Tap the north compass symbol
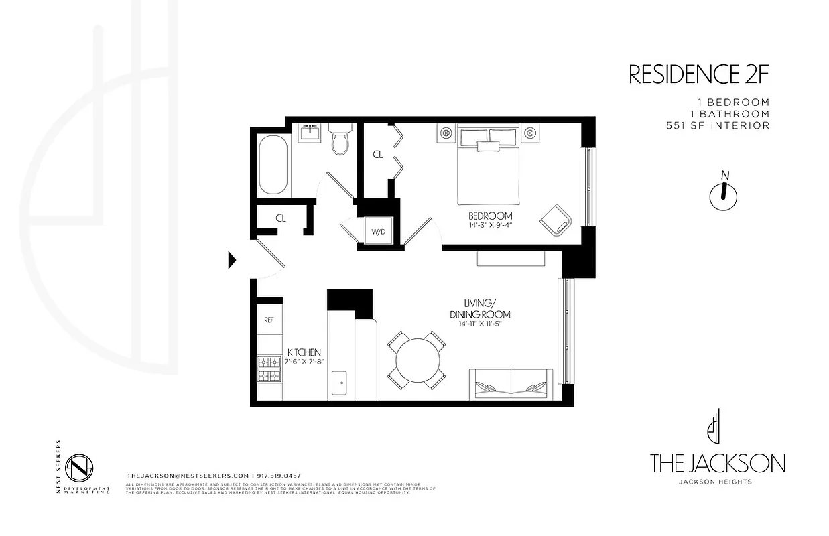coord(723,193)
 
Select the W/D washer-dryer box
coord(378,232)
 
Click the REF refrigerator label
coord(269,320)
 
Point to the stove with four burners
coord(269,369)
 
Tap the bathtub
coord(273,165)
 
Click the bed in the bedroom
coord(489,169)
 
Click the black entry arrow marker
coord(233,259)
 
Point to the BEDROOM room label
coord(490,216)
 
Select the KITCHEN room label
coord(304,352)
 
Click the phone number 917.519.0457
coord(282,475)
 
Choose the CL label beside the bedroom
coord(377,155)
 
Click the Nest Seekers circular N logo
coord(80,466)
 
